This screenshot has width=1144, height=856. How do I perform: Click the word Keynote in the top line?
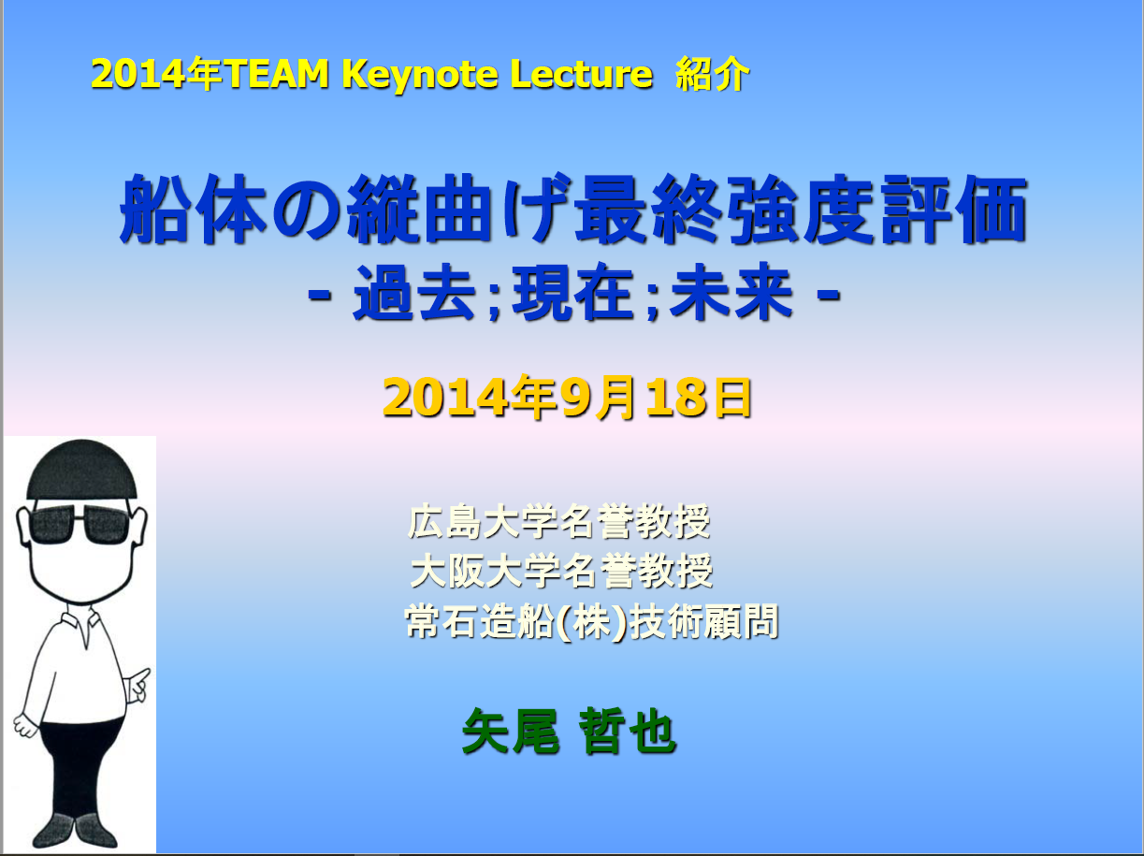click(x=420, y=75)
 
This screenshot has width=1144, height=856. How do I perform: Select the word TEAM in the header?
click(x=276, y=73)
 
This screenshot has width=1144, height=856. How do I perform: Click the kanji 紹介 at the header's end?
click(x=713, y=74)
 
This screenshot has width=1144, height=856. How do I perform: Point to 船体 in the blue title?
click(x=194, y=210)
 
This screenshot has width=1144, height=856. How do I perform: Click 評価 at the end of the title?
click(x=954, y=210)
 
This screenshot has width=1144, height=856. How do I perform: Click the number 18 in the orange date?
click(x=676, y=398)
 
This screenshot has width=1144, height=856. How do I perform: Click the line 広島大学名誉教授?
click(x=558, y=521)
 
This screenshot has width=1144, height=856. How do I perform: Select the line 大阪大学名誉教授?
click(x=561, y=571)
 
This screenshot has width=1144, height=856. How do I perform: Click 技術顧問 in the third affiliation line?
click(x=704, y=621)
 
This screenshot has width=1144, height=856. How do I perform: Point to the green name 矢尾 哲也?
click(x=569, y=731)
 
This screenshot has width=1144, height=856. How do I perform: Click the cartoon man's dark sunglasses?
click(x=80, y=524)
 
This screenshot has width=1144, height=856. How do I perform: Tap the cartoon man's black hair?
click(x=81, y=470)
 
